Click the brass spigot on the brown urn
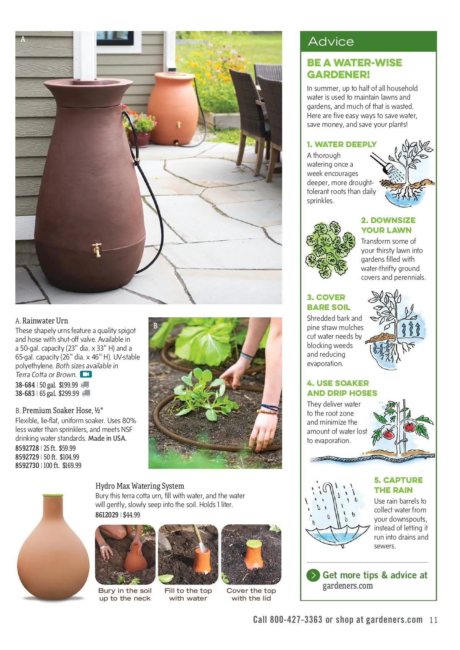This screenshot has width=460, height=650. pos(97,249)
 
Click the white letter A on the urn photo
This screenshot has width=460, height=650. pos(23,39)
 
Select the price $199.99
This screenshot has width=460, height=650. pos(68,385)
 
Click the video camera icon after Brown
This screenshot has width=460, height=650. pos(85,374)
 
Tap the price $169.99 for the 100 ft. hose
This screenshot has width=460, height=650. pos(72,465)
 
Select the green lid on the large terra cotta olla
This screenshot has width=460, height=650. pos(53,495)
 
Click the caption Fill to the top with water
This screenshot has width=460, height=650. pos(188,594)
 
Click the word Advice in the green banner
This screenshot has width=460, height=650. pos(331,41)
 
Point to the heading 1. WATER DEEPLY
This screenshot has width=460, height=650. pos(342,144)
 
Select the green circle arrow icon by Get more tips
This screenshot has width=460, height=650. pos(313,575)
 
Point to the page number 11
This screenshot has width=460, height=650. pos(433,620)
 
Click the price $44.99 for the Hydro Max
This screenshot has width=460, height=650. pos(131,515)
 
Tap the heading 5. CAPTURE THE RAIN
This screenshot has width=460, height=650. pos(398,485)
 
